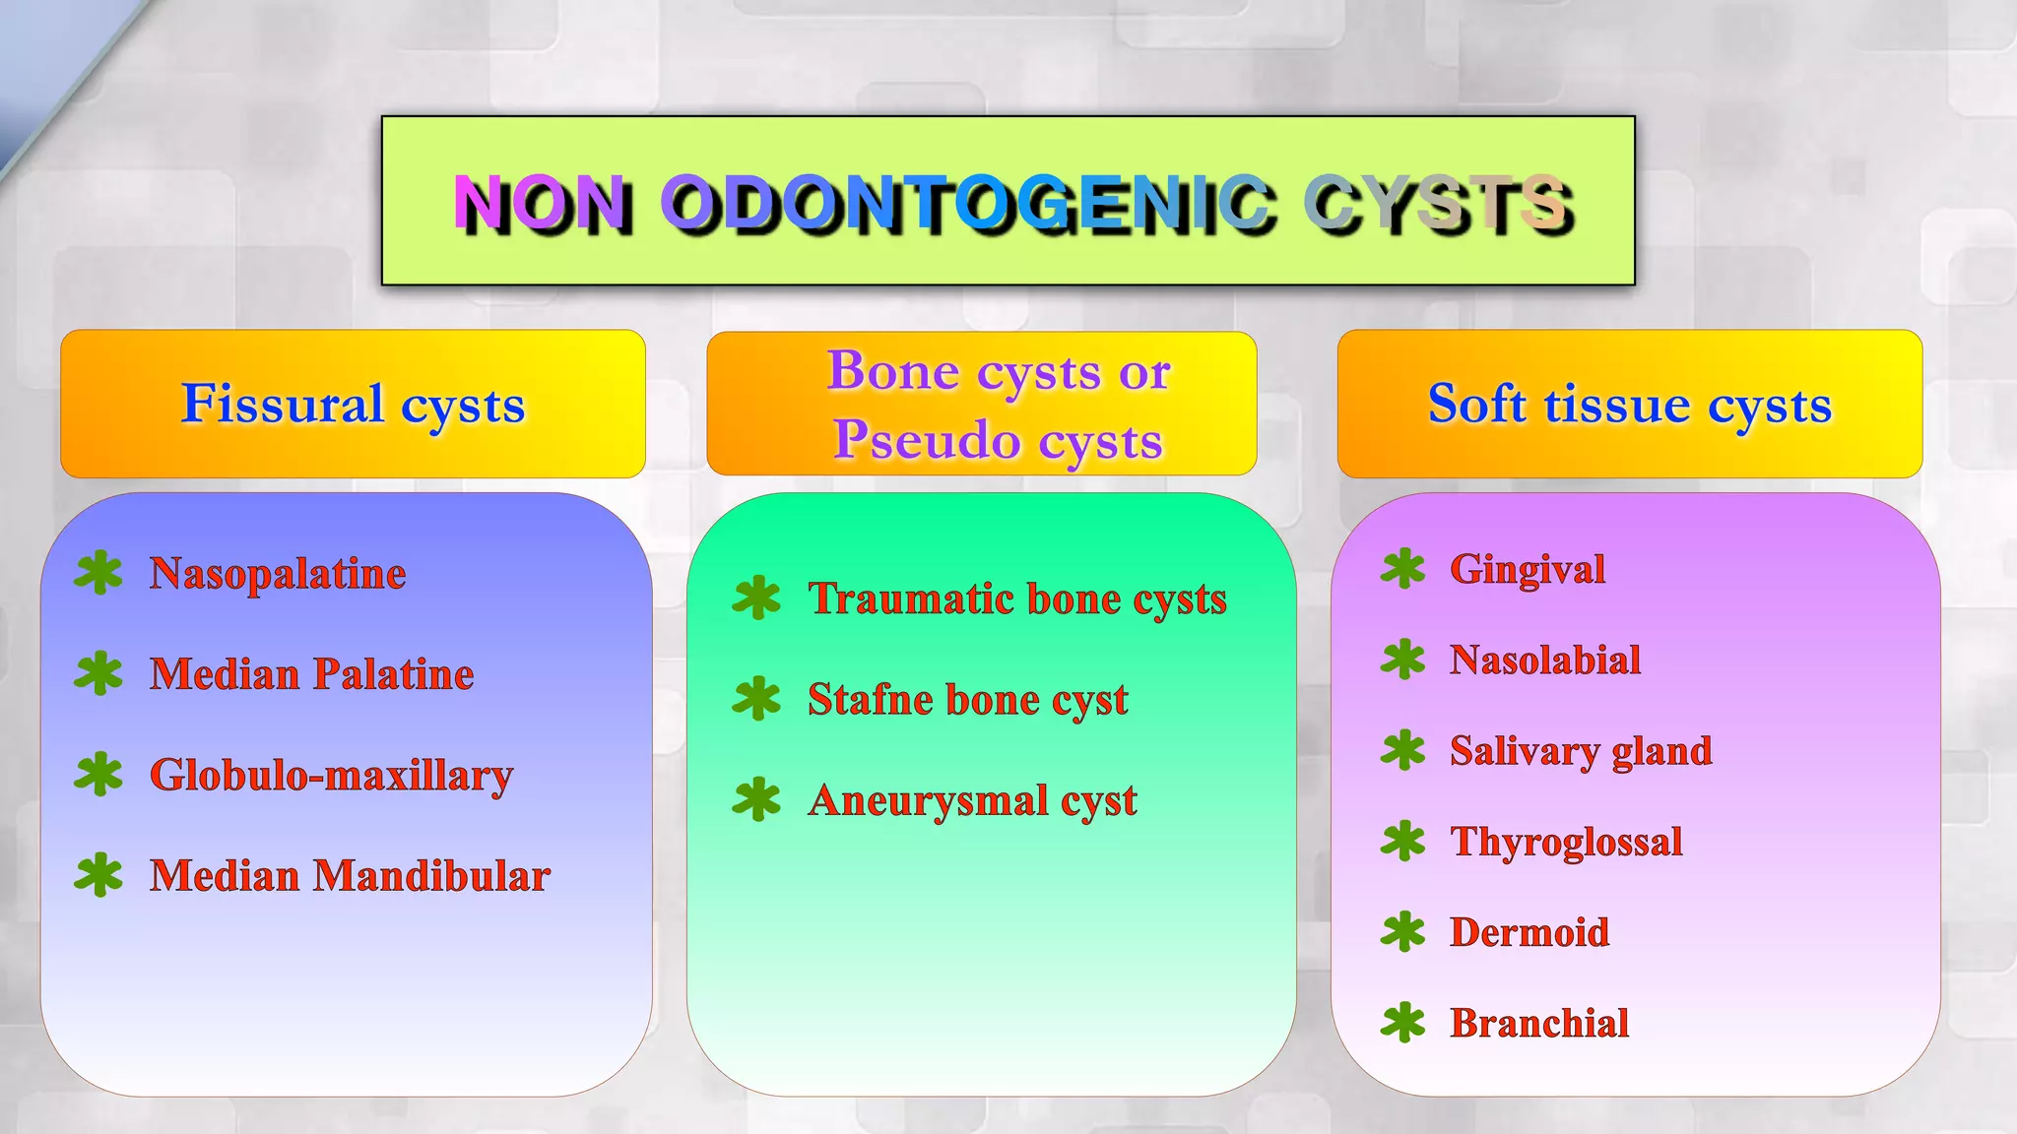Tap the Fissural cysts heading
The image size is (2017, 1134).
pyautogui.click(x=353, y=405)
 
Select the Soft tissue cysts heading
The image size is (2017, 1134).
pyautogui.click(x=1629, y=405)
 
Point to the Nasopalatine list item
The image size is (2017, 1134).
pyautogui.click(x=277, y=574)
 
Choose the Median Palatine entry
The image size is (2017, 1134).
pyautogui.click(x=311, y=674)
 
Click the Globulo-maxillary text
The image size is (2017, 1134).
pyautogui.click(x=331, y=776)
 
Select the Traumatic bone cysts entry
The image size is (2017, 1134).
pyautogui.click(x=1016, y=598)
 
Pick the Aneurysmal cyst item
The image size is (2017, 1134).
pyautogui.click(x=972, y=800)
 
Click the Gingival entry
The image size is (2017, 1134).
pyautogui.click(x=1527, y=569)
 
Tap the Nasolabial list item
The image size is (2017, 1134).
pyautogui.click(x=1544, y=661)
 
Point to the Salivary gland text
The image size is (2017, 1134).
pyautogui.click(x=1580, y=751)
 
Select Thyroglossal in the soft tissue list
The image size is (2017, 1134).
pyautogui.click(x=1566, y=842)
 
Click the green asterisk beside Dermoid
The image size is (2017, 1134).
pyautogui.click(x=1402, y=931)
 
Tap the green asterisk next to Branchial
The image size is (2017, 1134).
pyautogui.click(x=1402, y=1023)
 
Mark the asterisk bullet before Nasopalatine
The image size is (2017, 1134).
pyautogui.click(x=98, y=573)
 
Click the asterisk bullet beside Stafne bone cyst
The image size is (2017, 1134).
pyautogui.click(x=756, y=699)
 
